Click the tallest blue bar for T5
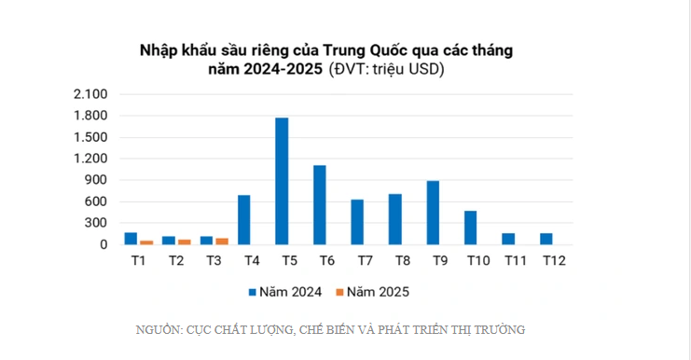pos(282,181)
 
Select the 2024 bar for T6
pos(319,205)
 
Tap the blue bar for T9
pos(433,213)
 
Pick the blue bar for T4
pos(243,220)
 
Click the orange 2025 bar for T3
pos(221,241)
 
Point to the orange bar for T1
pos(145,242)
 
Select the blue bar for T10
pos(470,228)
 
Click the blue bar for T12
pos(546,239)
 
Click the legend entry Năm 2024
pos(284,292)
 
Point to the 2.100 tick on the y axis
pos(90,94)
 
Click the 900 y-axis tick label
pos(96,180)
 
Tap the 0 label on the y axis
pos(104,244)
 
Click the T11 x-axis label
pos(514,262)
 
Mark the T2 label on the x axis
pos(175,262)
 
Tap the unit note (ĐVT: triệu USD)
pos(387,69)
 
